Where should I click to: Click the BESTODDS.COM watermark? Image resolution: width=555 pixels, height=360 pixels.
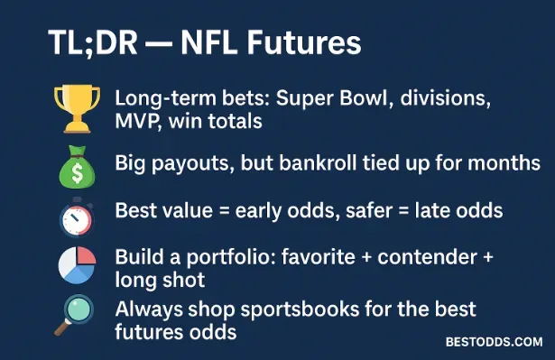(494, 342)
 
